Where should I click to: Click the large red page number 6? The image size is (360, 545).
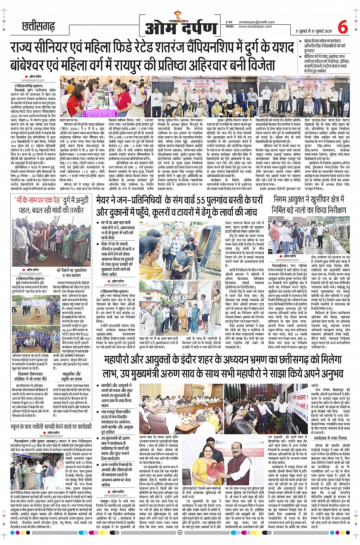click(x=342, y=27)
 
